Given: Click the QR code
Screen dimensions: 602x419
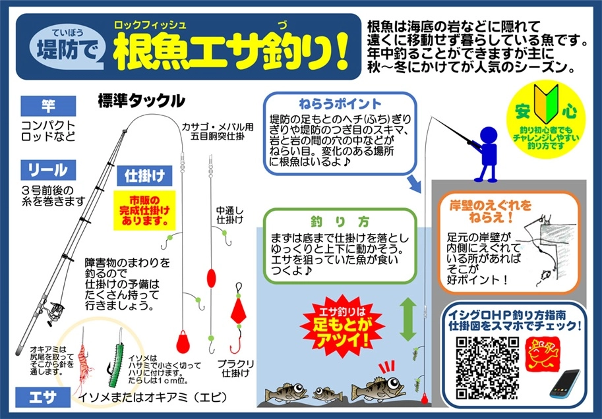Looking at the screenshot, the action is coord(487,368).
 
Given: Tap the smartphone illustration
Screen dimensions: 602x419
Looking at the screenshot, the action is coord(565,383).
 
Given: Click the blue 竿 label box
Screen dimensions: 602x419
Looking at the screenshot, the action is coord(48,106).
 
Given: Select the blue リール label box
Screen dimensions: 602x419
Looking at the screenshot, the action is coord(48,170).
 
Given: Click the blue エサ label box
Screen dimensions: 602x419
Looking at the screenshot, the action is coord(43,397).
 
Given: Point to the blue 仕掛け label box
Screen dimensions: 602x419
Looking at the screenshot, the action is coord(144,176).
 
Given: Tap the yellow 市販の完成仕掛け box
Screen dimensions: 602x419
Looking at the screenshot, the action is coord(144,211).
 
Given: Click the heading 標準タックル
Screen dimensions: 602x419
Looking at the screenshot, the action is coord(141,101).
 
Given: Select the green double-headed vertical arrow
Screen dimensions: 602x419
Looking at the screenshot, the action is coord(407,320).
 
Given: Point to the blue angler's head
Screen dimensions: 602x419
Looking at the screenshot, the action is coord(489,136).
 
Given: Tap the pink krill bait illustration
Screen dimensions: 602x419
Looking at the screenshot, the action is coord(83,359).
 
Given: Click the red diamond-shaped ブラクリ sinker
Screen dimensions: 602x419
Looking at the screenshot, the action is coord(239,310).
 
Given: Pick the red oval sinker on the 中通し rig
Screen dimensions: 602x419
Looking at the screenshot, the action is coord(211,279).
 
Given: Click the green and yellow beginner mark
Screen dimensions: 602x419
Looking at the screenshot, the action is coord(545,99).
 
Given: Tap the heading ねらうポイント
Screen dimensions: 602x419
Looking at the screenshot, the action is coord(340,104).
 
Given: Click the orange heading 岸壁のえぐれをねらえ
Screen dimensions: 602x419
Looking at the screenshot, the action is coord(491,211).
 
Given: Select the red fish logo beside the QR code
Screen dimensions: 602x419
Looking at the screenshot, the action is coord(541,354).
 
